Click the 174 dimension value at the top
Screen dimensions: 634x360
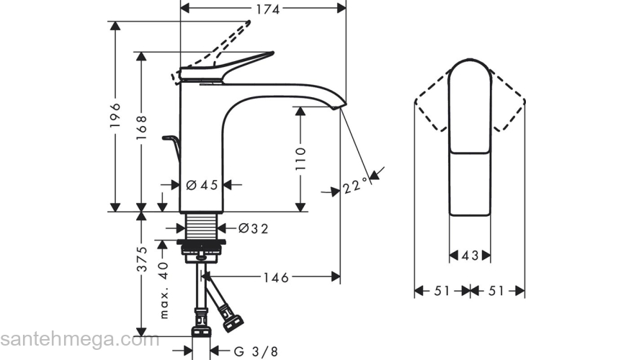click(x=268, y=9)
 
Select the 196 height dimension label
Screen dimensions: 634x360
click(x=116, y=115)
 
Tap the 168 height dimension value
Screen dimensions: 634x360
click(x=141, y=127)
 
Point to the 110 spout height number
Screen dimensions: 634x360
click(x=300, y=158)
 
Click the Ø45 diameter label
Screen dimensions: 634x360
click(x=202, y=185)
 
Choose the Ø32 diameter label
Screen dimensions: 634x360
click(x=254, y=229)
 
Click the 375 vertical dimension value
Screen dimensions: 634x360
click(x=141, y=259)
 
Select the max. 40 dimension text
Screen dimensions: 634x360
click(x=164, y=290)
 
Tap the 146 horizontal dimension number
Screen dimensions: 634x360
click(x=277, y=278)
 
